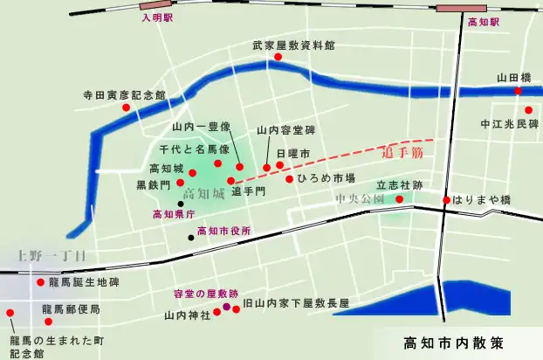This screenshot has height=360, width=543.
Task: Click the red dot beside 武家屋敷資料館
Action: [x=278, y=58]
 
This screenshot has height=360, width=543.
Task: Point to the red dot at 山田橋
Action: [x=519, y=91]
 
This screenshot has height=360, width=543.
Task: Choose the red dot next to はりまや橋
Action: [x=446, y=200]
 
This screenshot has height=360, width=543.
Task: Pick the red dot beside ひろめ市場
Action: [x=289, y=179]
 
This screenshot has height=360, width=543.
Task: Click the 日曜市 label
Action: [x=293, y=153]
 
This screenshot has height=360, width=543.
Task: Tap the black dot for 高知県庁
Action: [x=180, y=203]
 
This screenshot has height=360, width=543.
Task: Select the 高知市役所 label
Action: [x=224, y=232]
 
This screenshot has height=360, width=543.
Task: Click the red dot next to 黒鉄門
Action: [x=180, y=183]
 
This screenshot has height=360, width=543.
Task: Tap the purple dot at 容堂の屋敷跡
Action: [x=226, y=308]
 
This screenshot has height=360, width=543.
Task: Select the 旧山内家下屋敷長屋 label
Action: [x=296, y=303]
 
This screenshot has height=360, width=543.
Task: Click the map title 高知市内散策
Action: [x=454, y=342]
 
